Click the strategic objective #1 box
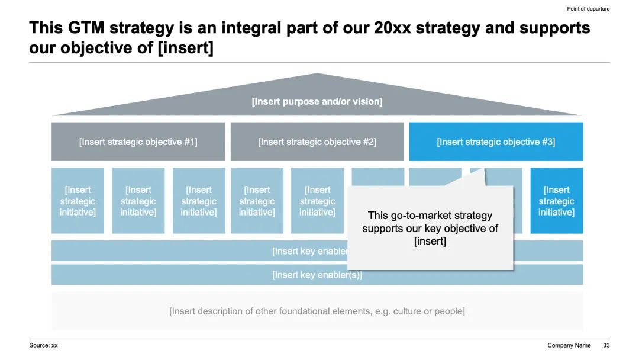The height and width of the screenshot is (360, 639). pyautogui.click(x=138, y=142)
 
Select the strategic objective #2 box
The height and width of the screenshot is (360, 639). pyautogui.click(x=317, y=142)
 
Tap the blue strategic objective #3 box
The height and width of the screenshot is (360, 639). pyautogui.click(x=496, y=142)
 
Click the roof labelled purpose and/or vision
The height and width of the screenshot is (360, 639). pyautogui.click(x=317, y=101)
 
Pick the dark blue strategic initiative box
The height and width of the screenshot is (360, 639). pyautogui.click(x=556, y=201)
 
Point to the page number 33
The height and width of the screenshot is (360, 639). pyautogui.click(x=606, y=345)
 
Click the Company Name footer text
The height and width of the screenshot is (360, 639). pyautogui.click(x=569, y=345)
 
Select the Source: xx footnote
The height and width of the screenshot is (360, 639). pyautogui.click(x=43, y=345)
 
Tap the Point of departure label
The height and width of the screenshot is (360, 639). pyautogui.click(x=588, y=9)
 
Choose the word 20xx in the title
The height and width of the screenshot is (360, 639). pyautogui.click(x=393, y=28)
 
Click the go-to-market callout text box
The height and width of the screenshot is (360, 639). pyautogui.click(x=430, y=229)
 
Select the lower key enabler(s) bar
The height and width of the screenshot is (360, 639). pyautogui.click(x=317, y=275)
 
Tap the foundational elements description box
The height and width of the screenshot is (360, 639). pyautogui.click(x=317, y=311)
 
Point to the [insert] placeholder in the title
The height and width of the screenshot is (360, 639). pyautogui.click(x=185, y=48)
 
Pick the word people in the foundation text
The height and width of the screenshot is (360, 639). pyautogui.click(x=450, y=311)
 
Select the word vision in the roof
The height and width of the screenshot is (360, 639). pyautogui.click(x=367, y=101)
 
